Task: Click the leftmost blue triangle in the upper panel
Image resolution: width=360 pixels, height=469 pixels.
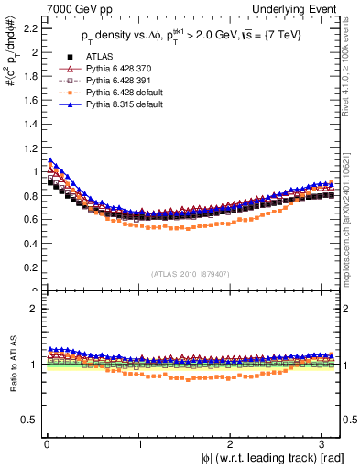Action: [50, 160]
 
